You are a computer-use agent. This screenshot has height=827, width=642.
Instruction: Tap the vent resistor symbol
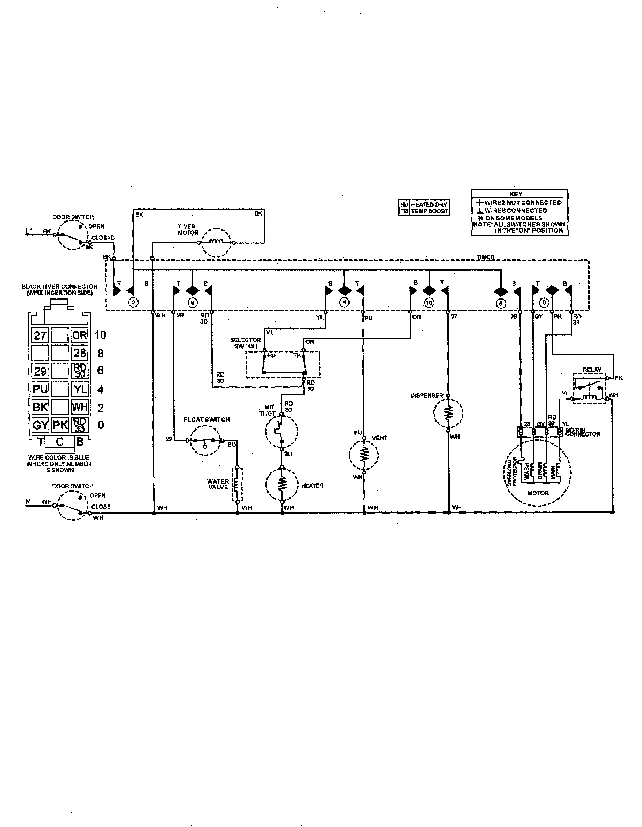(364, 455)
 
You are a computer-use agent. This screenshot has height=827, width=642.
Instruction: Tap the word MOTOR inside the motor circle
(538, 493)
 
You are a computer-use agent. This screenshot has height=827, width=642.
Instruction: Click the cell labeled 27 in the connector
(40, 335)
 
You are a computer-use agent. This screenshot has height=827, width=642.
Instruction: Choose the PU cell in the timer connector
(40, 389)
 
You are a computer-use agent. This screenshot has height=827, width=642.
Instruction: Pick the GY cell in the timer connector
(40, 425)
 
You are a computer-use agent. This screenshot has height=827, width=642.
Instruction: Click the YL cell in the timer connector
(80, 389)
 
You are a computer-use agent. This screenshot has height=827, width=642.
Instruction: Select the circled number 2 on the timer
(133, 302)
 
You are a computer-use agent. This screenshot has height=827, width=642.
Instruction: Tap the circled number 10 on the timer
(427, 302)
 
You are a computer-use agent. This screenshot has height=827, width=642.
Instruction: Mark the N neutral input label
(28, 502)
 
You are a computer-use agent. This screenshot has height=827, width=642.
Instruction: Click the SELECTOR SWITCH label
(245, 343)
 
